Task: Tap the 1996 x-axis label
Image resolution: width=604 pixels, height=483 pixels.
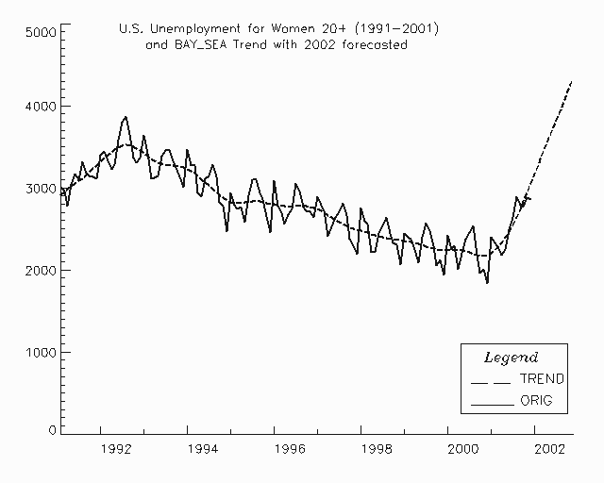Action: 275,450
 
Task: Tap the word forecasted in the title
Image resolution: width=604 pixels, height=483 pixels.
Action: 373,45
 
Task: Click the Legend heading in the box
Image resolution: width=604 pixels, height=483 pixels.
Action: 511,358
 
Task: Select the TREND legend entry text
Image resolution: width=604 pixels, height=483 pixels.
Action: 542,379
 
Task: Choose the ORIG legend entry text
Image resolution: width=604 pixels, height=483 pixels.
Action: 534,402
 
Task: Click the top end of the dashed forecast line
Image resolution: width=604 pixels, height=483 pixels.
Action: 573,82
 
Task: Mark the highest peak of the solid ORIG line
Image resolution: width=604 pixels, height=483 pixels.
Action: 126,117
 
